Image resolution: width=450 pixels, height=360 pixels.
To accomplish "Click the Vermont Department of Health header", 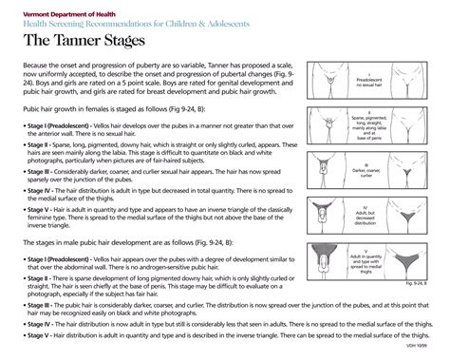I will click(61, 7).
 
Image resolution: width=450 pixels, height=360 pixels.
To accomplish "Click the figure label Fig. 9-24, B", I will click(414, 283).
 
